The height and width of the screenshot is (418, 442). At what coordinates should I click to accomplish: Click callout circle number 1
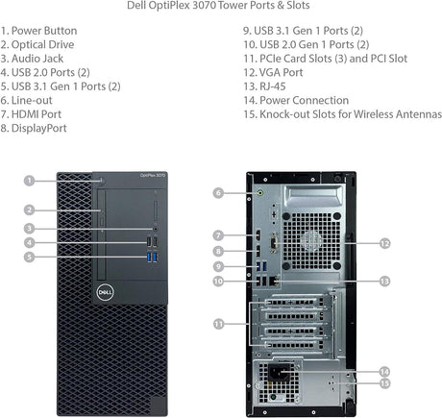point(30,180)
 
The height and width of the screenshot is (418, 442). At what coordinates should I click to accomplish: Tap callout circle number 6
point(219,193)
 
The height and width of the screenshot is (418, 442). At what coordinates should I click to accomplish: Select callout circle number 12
point(384,243)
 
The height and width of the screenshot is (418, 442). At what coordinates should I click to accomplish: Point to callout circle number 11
point(219,325)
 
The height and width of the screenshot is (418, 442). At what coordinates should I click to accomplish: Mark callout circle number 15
point(384,383)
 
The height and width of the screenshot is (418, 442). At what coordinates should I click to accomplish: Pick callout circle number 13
point(384,281)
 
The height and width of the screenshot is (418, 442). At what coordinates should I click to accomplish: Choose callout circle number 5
point(30,257)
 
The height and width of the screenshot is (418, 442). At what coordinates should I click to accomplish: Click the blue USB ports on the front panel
point(150,257)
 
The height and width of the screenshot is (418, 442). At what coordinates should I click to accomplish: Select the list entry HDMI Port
point(39,113)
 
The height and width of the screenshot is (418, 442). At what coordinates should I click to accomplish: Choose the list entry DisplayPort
point(42,127)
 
